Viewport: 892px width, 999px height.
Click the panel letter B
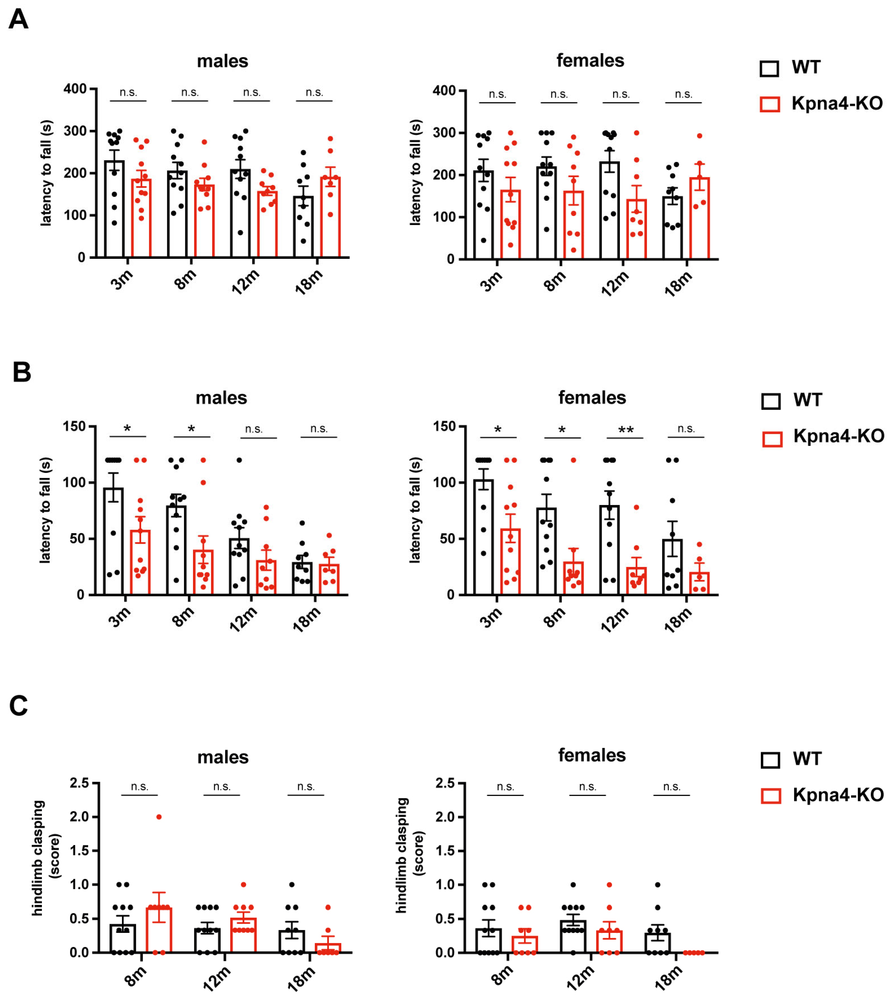(x=22, y=372)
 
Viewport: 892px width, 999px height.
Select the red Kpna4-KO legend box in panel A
(x=769, y=104)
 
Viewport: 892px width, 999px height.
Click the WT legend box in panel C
(x=770, y=760)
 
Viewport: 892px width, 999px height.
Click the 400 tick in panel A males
(x=75, y=89)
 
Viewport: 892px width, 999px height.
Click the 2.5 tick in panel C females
(x=446, y=783)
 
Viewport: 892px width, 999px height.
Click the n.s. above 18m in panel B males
(x=319, y=429)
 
